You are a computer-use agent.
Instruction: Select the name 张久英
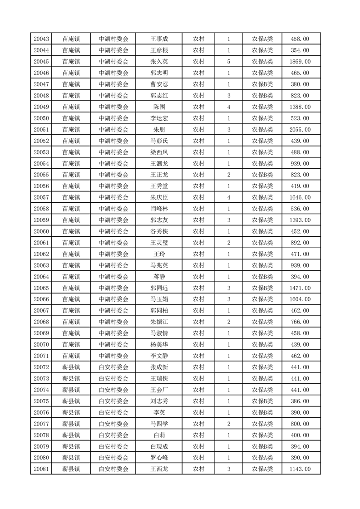159,62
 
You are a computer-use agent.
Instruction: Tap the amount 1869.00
300,62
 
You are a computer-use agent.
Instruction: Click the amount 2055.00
300,130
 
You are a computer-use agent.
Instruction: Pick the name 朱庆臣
159,198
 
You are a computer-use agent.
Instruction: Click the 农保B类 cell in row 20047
262,84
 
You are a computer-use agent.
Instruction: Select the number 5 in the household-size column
228,62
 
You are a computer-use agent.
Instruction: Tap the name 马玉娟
159,299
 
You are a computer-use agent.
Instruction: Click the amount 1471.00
300,288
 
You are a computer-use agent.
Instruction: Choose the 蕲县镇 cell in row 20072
71,367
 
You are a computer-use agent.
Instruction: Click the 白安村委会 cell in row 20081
113,469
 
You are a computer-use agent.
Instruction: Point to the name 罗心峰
159,458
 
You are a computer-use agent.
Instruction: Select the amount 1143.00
300,469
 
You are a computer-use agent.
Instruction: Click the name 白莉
159,435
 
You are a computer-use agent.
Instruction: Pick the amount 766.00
300,322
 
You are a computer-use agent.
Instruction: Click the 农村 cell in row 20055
198,175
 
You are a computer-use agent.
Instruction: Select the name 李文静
159,356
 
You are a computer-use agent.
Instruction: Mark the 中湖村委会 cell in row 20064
113,277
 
